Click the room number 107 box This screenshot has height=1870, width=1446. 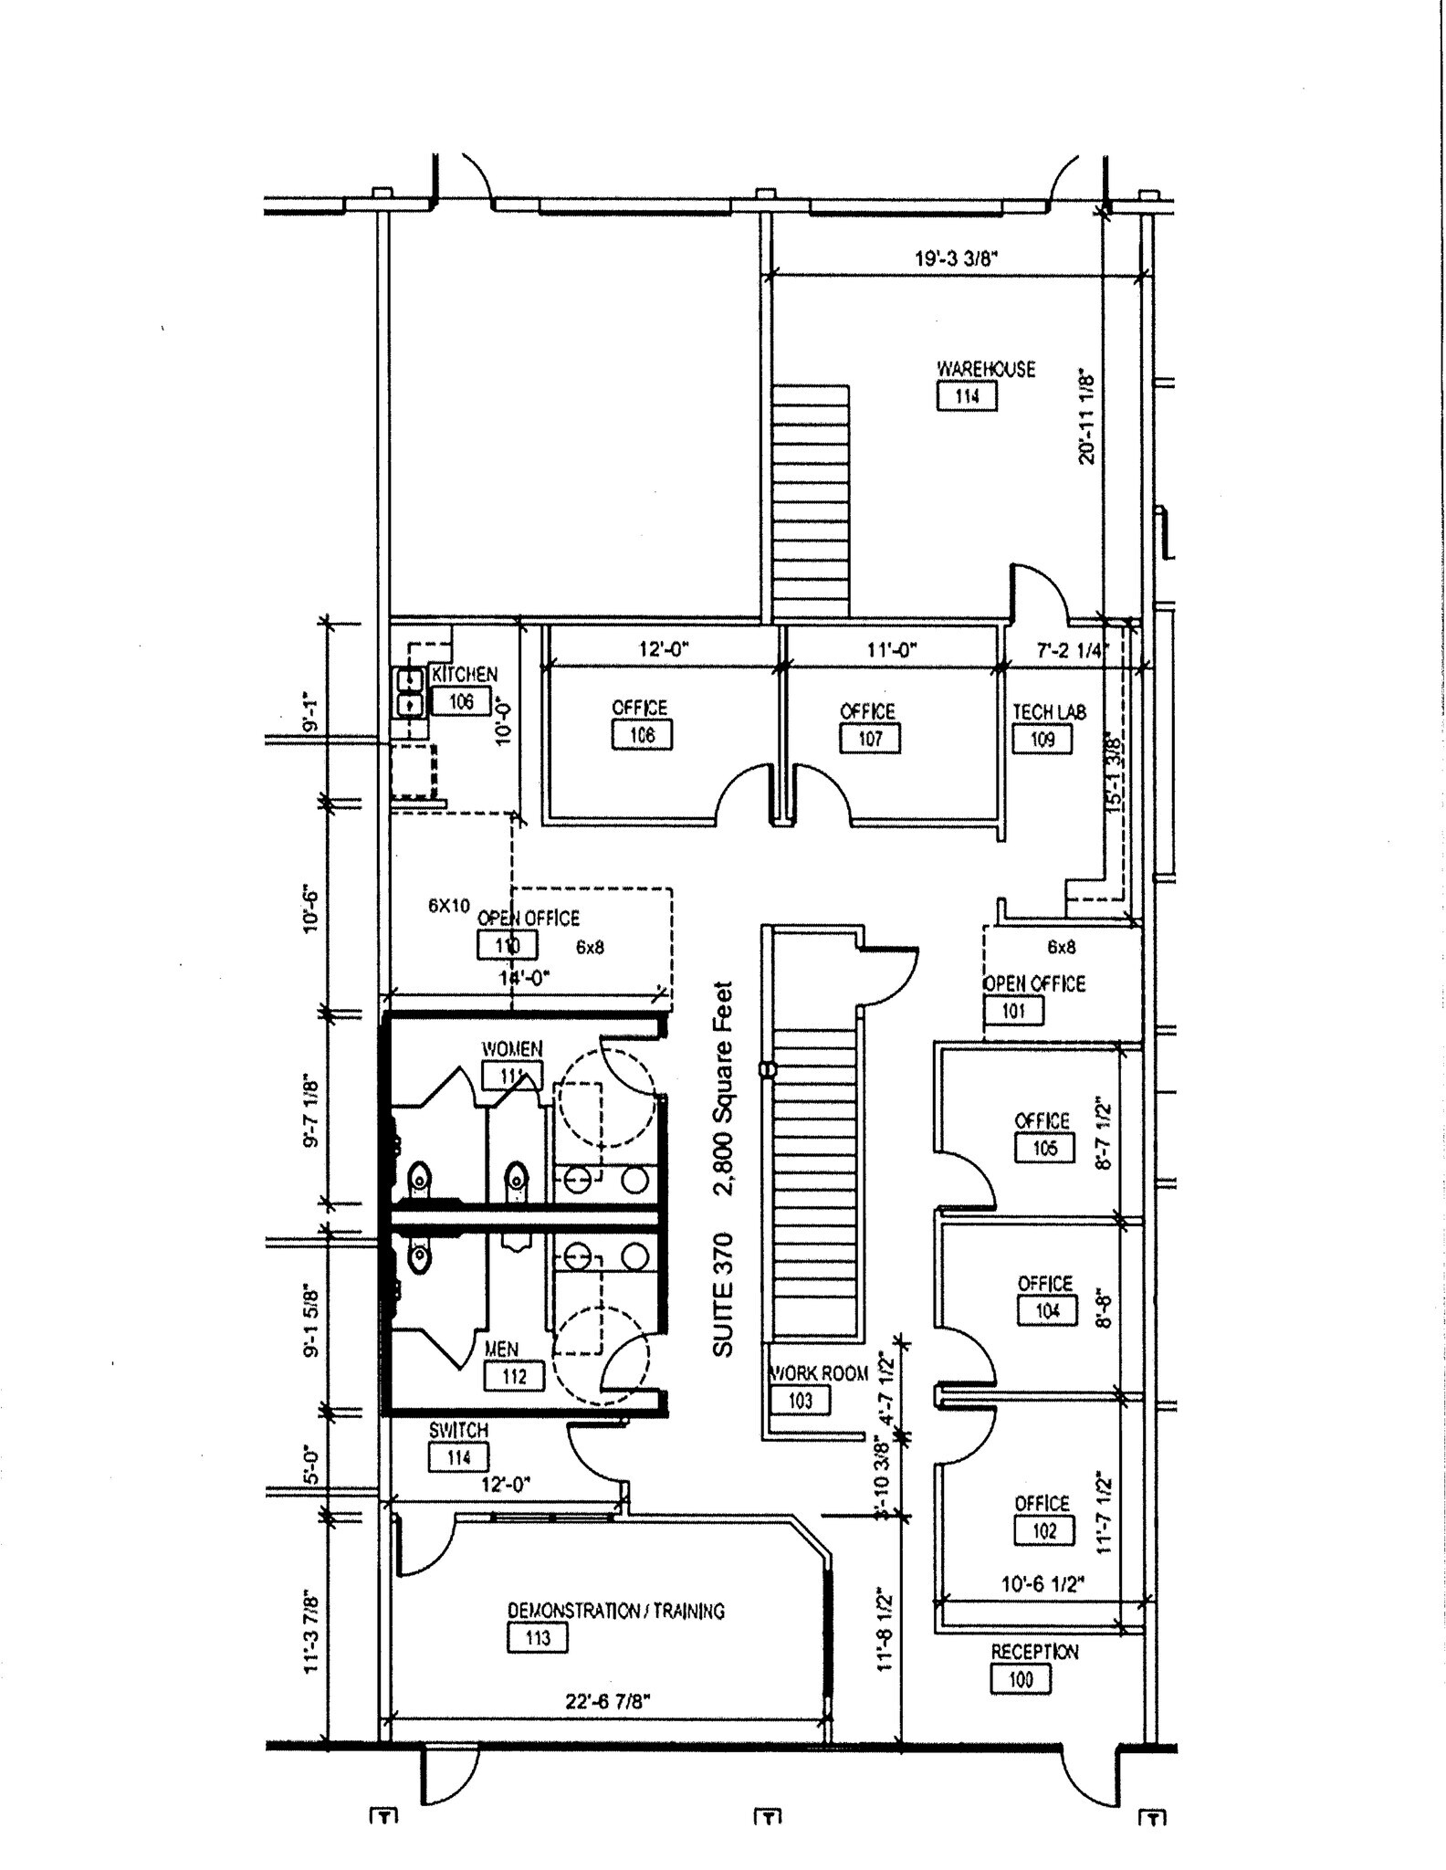click(x=869, y=738)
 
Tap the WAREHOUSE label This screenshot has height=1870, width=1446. click(x=986, y=369)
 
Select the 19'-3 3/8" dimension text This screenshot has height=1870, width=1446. click(x=956, y=258)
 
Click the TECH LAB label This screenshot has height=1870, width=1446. click(x=1049, y=712)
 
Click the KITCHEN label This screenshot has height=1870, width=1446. click(x=465, y=675)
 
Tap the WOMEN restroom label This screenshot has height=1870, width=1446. click(x=511, y=1049)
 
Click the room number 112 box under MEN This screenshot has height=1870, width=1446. click(x=514, y=1376)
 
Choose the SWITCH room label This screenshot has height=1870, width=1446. click(x=458, y=1431)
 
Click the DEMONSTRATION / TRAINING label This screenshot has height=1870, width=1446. click(x=615, y=1611)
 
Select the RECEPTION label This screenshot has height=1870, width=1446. click(x=1034, y=1652)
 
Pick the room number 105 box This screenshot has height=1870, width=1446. click(x=1044, y=1148)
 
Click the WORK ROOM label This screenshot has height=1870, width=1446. click(x=819, y=1373)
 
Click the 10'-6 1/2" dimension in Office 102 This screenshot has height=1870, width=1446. click(x=1043, y=1583)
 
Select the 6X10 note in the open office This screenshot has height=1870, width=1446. click(x=449, y=906)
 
